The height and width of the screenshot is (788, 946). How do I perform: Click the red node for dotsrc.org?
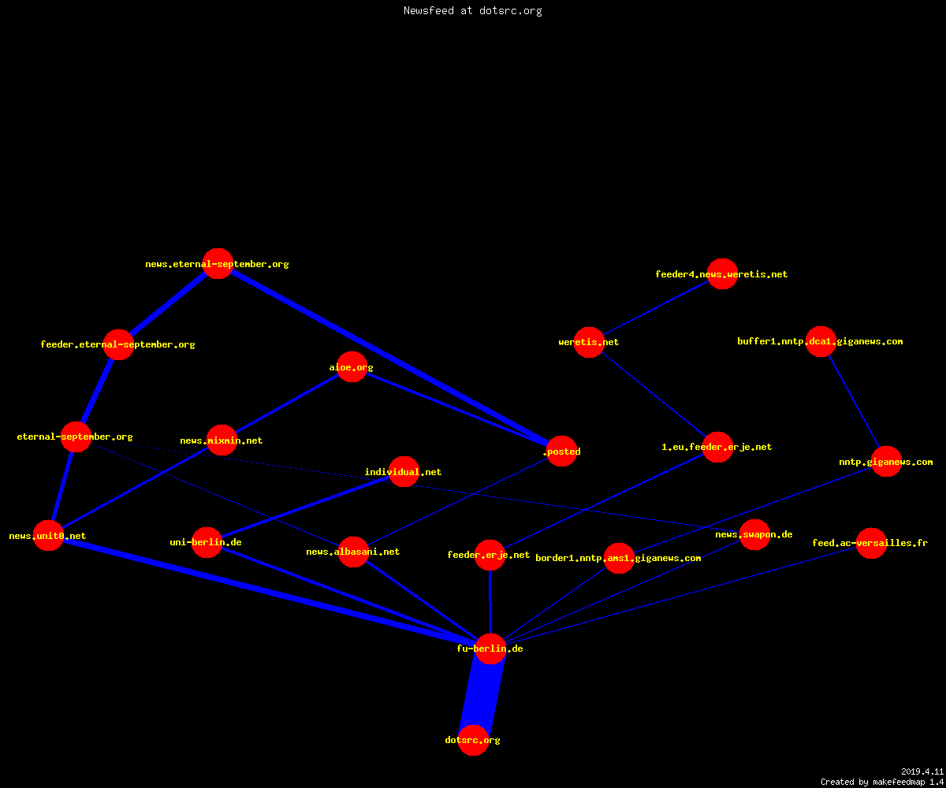pos(473,740)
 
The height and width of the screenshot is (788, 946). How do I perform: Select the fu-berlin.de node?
pos(490,649)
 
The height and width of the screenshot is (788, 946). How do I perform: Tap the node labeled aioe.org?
pos(352,367)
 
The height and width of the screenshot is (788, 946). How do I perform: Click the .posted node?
pos(562,451)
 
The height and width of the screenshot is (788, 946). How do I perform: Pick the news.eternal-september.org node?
pos(218,263)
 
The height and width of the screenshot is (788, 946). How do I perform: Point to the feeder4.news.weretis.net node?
pos(722,273)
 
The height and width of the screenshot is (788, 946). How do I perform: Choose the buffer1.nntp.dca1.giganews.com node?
pos(821,341)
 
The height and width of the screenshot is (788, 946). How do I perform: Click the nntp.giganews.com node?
pos(887,462)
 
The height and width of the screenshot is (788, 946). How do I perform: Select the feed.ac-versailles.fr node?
pos(871,543)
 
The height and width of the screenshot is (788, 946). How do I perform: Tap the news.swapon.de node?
pos(754,534)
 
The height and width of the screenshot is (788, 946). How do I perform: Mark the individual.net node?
pos(404,471)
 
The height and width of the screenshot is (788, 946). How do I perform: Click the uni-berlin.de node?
pos(207,542)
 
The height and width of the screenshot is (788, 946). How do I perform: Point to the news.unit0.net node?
pos(48,535)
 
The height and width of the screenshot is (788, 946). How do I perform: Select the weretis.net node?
pos(589,342)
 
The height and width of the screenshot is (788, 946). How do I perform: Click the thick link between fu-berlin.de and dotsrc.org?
pos(482,694)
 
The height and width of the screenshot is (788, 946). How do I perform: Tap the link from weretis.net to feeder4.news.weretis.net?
pos(656,308)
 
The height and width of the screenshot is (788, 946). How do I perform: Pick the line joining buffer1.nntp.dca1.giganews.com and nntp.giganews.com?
pos(854,402)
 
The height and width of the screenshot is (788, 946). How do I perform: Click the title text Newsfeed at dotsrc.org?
pos(472,10)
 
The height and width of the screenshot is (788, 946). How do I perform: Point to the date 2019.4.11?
pos(922,771)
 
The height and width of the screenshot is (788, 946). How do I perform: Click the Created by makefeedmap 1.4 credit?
pos(882,782)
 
